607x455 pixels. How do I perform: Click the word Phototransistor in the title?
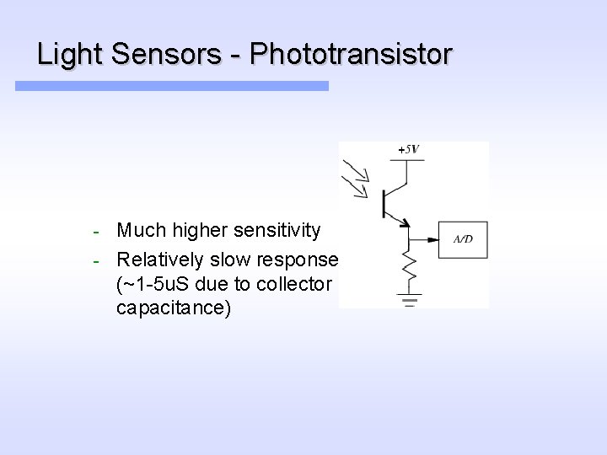click(x=352, y=55)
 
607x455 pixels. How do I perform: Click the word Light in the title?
click(x=65, y=55)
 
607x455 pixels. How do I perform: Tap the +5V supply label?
click(x=406, y=149)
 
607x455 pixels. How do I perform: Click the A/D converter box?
click(x=463, y=240)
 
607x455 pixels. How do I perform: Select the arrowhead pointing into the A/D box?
click(x=434, y=240)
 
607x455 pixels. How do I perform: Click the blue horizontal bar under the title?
click(x=172, y=86)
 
